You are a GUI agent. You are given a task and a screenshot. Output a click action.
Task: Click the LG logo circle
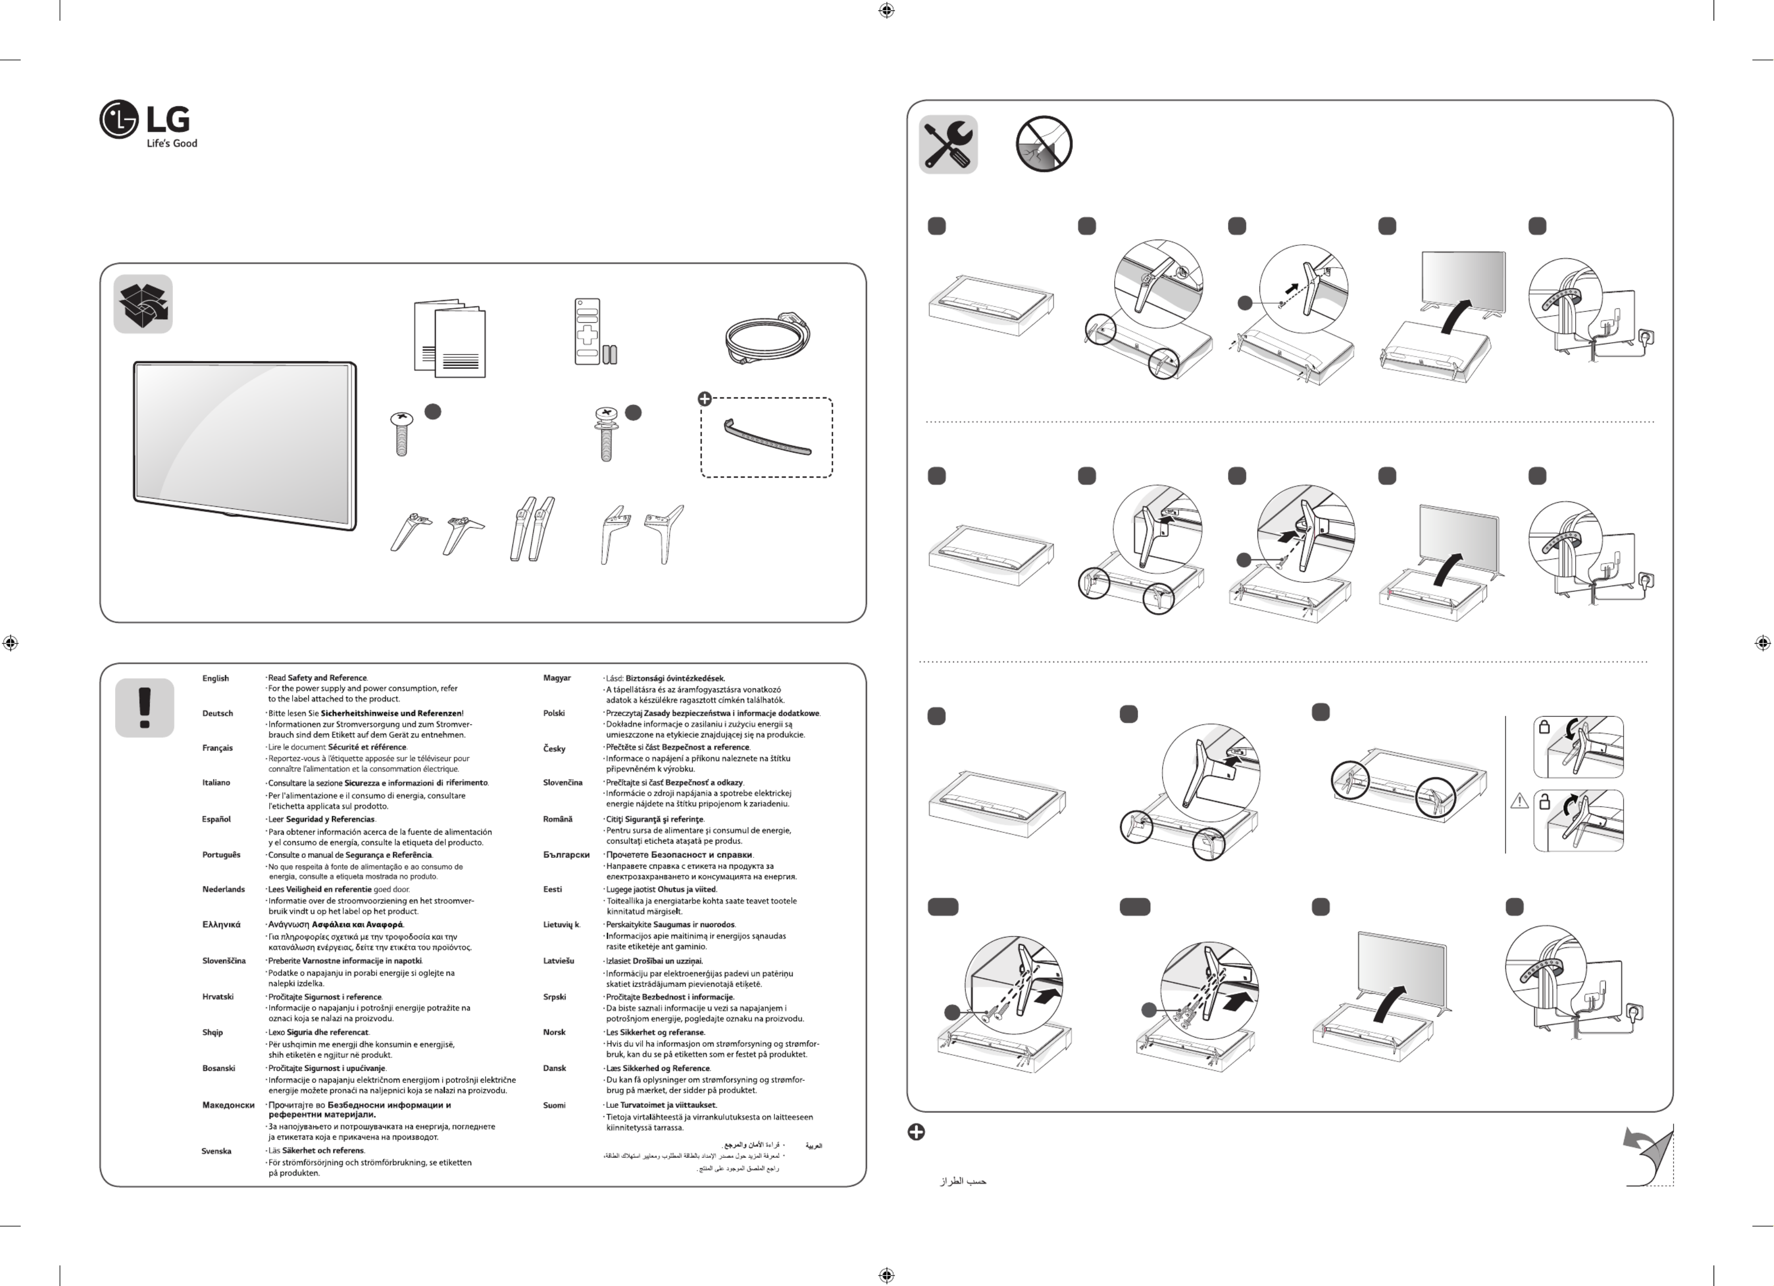click(119, 120)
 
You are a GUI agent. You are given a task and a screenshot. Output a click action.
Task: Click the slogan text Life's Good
click(172, 143)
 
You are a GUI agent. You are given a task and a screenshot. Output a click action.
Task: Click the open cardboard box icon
click(143, 304)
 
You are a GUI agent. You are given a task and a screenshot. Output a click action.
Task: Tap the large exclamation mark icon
click(145, 707)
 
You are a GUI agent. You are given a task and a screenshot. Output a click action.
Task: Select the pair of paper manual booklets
click(450, 338)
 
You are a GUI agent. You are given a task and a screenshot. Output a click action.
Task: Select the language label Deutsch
click(218, 714)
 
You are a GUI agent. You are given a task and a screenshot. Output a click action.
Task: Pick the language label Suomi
click(554, 1105)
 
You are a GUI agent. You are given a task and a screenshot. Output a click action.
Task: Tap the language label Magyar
click(557, 678)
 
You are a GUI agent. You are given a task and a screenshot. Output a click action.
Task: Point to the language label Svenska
click(216, 1151)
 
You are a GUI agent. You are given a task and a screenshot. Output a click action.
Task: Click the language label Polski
click(554, 714)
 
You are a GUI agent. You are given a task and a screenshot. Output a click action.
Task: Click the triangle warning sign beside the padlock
click(1519, 801)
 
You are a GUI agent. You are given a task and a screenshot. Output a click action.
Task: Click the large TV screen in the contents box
click(244, 444)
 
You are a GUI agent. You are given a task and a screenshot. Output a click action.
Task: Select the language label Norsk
click(554, 1032)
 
